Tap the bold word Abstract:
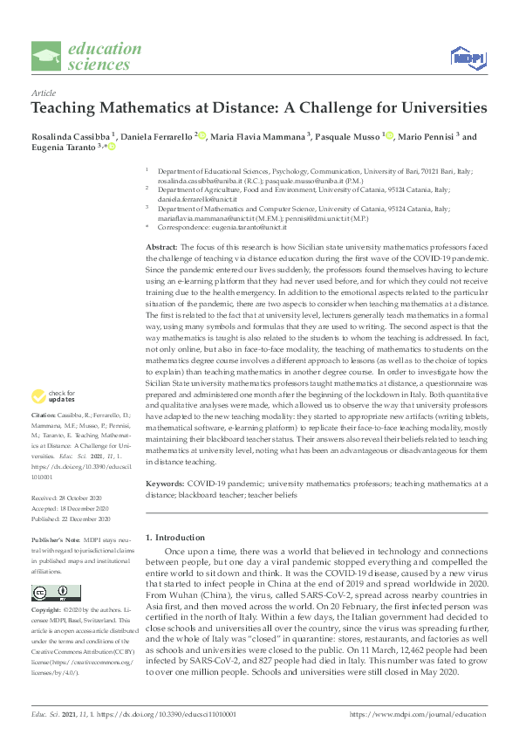click(163, 249)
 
